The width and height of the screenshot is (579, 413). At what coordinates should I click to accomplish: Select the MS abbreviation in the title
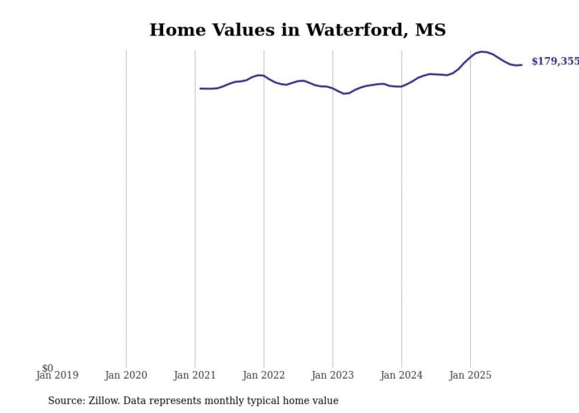430,30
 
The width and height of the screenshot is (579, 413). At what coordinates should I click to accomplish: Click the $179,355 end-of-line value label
555,61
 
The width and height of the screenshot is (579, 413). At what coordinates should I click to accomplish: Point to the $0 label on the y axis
47,368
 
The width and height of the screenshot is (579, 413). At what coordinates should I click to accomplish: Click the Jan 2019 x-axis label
57,375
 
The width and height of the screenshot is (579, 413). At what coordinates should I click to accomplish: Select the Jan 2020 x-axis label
126,375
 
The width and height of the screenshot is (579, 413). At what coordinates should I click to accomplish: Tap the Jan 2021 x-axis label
195,375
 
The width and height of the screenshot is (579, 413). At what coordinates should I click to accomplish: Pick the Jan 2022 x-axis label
264,375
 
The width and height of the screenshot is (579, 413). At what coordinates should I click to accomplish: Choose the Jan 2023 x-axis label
333,375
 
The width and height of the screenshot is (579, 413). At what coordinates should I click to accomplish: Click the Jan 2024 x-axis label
402,375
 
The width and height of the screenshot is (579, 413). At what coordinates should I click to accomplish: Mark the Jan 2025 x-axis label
470,375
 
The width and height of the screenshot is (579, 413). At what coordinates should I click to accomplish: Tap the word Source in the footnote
65,401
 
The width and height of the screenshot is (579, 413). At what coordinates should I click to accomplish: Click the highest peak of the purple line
483,52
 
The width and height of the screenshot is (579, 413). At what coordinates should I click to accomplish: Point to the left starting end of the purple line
200,89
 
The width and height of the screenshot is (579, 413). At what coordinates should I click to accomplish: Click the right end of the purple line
522,65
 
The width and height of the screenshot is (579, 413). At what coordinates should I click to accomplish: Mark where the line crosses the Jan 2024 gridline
402,87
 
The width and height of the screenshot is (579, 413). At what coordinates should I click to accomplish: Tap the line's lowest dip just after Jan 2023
344,93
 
